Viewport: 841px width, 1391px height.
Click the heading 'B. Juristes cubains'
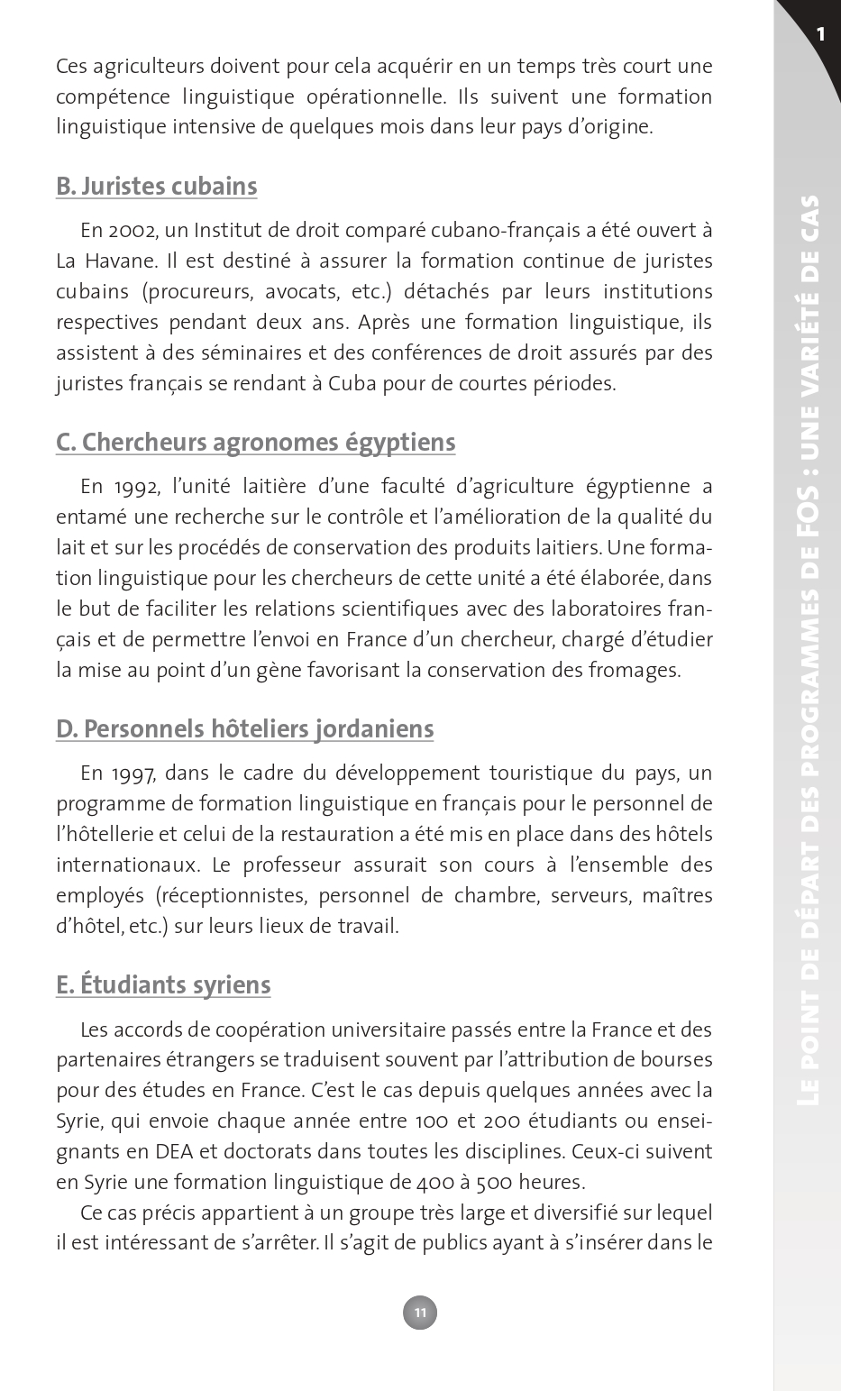157,187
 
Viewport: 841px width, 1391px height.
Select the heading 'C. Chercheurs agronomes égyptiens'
256,443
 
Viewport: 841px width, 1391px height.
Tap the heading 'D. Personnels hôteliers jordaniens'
245,728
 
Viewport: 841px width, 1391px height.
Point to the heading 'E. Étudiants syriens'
163,984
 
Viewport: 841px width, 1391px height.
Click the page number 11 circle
420,1313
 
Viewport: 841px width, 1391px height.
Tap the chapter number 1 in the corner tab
820,34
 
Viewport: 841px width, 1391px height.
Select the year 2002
135,231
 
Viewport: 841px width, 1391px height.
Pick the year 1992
135,488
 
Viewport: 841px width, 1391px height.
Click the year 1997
135,773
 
